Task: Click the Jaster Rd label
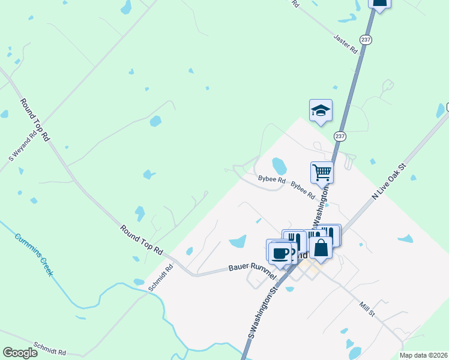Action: pyautogui.click(x=346, y=45)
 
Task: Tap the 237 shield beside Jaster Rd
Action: pyautogui.click(x=366, y=39)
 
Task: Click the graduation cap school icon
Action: pyautogui.click(x=321, y=110)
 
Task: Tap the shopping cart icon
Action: pyautogui.click(x=322, y=172)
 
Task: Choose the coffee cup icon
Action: pyautogui.click(x=280, y=252)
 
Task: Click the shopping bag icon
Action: pyautogui.click(x=321, y=248)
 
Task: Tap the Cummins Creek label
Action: pyautogui.click(x=34, y=254)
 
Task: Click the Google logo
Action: pyautogui.click(x=20, y=352)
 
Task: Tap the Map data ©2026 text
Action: pyautogui.click(x=424, y=355)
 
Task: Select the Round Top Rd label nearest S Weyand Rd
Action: pyautogui.click(x=35, y=120)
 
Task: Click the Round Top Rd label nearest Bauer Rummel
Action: pyautogui.click(x=141, y=238)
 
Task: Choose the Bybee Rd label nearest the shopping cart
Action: pyautogui.click(x=303, y=191)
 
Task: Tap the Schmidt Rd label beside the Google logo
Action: pyautogui.click(x=50, y=349)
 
